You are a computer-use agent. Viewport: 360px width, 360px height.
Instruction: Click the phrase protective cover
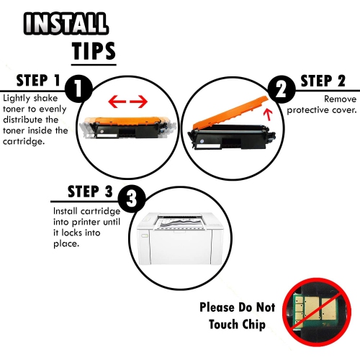(x=321, y=110)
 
